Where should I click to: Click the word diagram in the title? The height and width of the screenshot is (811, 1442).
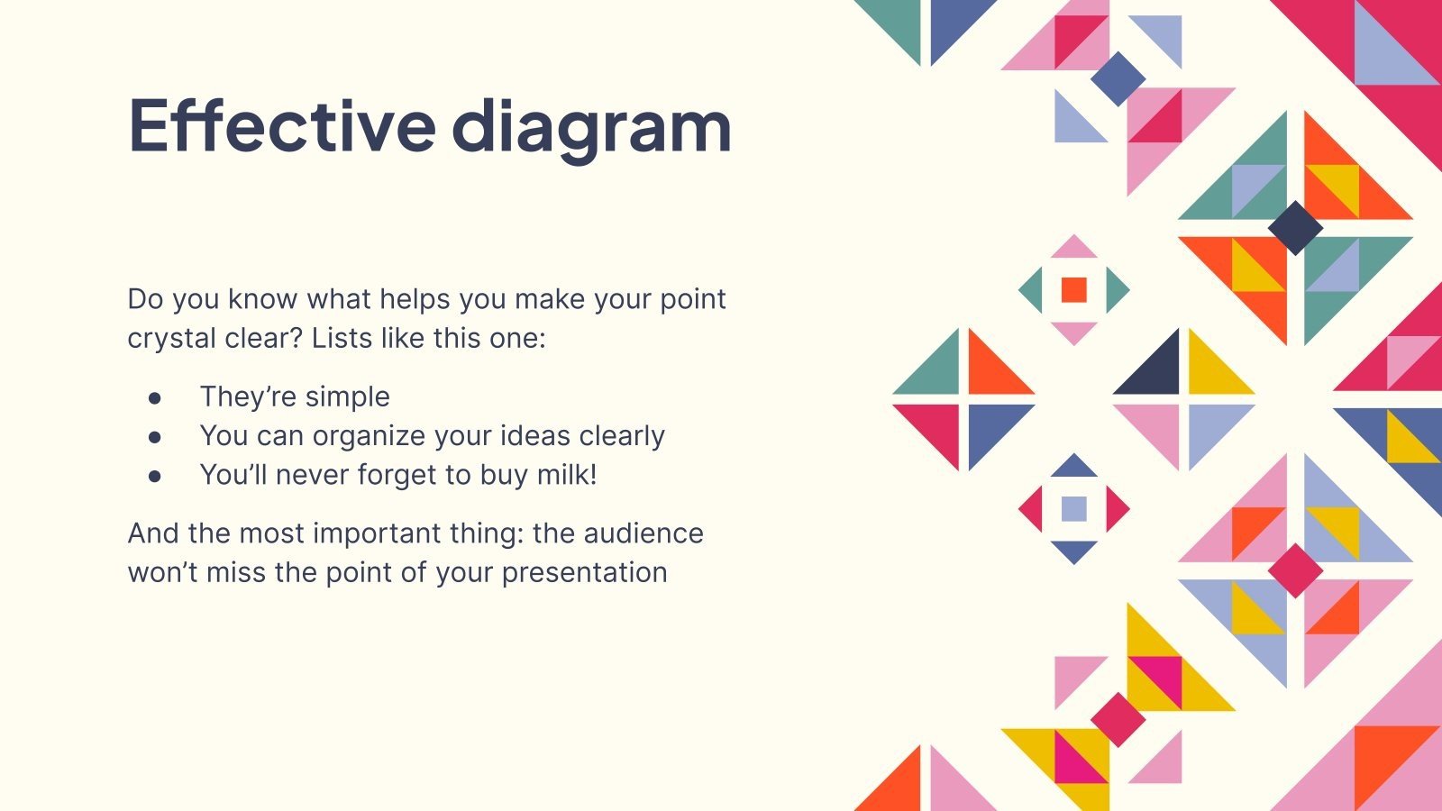[x=591, y=126]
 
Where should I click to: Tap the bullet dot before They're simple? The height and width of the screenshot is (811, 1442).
[x=155, y=396]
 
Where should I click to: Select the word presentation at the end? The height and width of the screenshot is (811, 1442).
[x=584, y=572]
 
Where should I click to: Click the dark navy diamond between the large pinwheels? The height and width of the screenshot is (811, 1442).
[x=1295, y=228]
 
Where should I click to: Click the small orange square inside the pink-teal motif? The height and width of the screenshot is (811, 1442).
[x=1073, y=289]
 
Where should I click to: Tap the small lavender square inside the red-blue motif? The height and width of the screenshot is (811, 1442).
[x=1073, y=509]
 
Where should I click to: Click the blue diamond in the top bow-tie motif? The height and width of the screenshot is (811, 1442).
[x=1118, y=78]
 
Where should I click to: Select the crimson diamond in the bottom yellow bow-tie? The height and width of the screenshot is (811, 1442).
[x=1118, y=719]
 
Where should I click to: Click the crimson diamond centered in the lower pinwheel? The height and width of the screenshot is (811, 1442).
[x=1295, y=570]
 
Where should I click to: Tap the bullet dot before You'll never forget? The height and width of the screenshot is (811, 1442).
[x=155, y=475]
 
